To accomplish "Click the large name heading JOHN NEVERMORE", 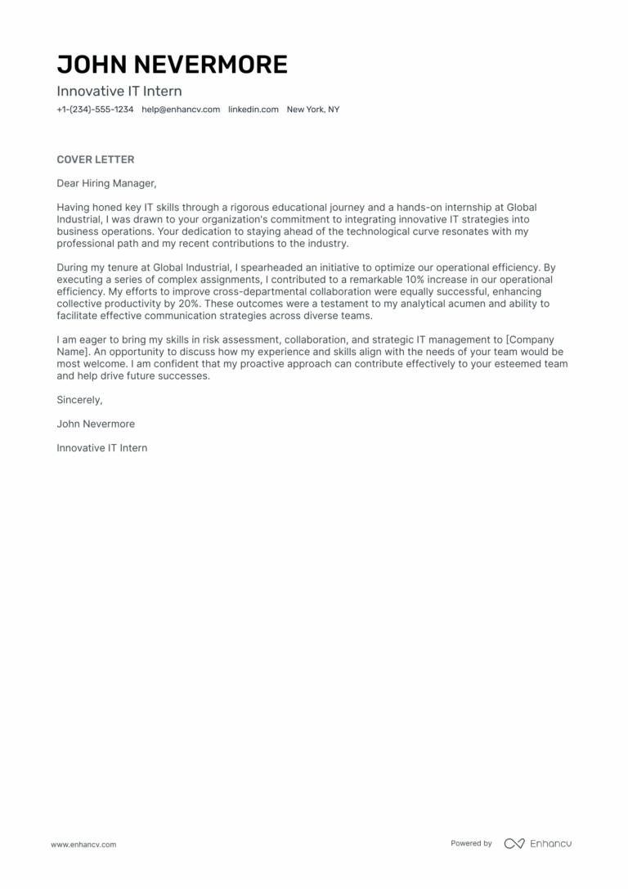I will point(172,65).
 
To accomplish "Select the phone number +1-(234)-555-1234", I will point(95,110).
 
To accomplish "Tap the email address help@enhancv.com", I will point(181,110).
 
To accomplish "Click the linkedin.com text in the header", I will point(253,110).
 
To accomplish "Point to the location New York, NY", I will point(312,110).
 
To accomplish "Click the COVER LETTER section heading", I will point(95,159).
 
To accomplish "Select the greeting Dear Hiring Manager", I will point(105,183).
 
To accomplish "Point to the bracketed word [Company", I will point(536,339).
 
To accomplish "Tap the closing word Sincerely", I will point(79,400).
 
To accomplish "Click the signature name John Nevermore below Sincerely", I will point(96,424).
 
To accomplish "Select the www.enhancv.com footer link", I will point(83,844).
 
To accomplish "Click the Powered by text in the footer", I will point(471,843).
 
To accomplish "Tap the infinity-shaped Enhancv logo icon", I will point(514,843).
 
